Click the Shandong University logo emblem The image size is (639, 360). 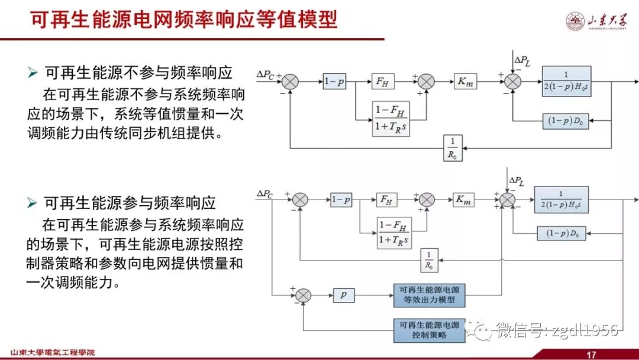tap(575, 22)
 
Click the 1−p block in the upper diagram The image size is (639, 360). tap(334, 82)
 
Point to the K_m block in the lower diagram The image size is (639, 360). tap(464, 200)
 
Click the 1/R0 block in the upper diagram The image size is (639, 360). tap(453, 148)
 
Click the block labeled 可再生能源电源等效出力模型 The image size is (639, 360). tap(430, 295)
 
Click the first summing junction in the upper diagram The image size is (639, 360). tap(290, 82)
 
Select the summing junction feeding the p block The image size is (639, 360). tap(303, 295)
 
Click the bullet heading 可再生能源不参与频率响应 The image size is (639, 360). tap(138, 72)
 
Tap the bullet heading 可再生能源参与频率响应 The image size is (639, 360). tap(130, 203)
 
